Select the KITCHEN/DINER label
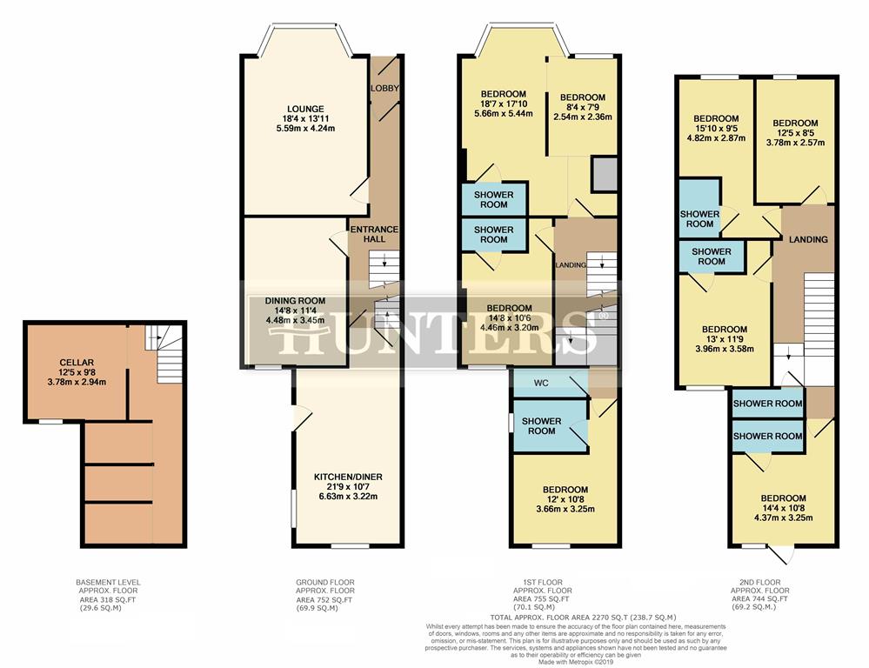click(348, 477)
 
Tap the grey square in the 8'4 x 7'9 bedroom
click(603, 175)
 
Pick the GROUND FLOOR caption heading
click(324, 582)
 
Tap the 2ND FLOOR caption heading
click(758, 582)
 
